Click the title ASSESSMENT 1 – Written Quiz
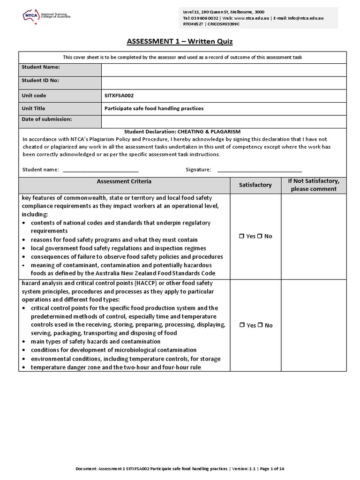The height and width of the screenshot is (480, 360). click(x=180, y=42)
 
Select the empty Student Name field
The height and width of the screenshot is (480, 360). click(x=224, y=69)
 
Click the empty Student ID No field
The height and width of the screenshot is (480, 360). click(x=224, y=82)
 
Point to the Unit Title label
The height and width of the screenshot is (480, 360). click(x=33, y=108)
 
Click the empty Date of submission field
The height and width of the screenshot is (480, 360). click(x=224, y=121)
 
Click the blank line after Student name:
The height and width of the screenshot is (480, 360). click(x=100, y=170)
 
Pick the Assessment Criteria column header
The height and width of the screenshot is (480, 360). click(x=124, y=181)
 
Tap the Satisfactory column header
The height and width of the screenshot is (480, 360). click(x=255, y=185)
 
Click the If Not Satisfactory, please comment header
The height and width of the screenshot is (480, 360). click(x=314, y=185)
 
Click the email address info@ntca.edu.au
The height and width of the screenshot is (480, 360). click(x=307, y=18)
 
